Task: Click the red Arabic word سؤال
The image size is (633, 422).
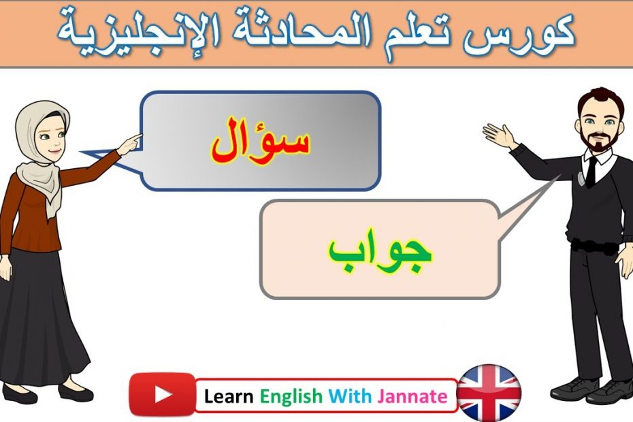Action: click(x=261, y=142)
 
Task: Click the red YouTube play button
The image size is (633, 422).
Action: click(x=162, y=394)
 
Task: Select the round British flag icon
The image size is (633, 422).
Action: click(x=489, y=393)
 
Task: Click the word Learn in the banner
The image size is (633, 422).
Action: click(x=229, y=396)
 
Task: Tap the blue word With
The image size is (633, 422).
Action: click(x=350, y=396)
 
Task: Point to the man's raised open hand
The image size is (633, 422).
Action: click(x=499, y=135)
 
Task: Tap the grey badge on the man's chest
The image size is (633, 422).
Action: click(x=581, y=178)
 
